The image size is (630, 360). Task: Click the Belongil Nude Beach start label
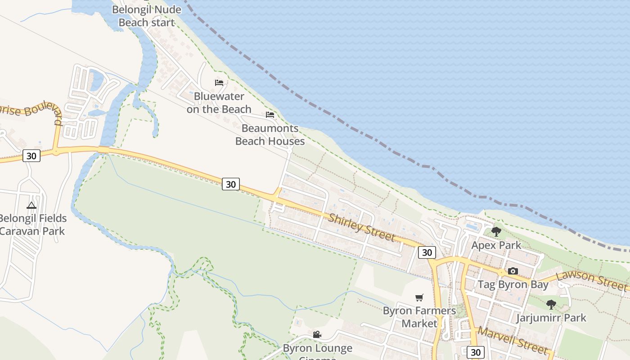[x=147, y=16]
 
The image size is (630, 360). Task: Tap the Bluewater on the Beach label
[x=219, y=103]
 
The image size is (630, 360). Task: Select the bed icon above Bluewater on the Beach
[x=219, y=83]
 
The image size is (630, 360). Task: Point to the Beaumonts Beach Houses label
[x=270, y=135]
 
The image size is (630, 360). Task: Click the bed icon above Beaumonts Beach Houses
[x=270, y=115]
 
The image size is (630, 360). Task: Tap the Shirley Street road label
[x=362, y=227]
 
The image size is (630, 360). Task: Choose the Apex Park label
[x=496, y=245]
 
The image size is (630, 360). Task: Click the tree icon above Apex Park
[x=496, y=232]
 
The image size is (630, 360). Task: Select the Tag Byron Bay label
[x=513, y=284]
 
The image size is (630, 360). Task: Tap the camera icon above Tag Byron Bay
[x=513, y=271]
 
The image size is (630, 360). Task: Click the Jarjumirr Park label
[x=551, y=318]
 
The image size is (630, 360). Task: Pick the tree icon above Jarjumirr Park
[x=551, y=305]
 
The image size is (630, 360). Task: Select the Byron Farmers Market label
[x=419, y=317]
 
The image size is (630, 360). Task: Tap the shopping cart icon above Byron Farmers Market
[x=419, y=297]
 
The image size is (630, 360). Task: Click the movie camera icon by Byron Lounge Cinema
[x=317, y=334]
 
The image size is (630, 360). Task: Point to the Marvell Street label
[x=513, y=341]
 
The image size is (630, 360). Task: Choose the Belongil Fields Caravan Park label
[x=32, y=225]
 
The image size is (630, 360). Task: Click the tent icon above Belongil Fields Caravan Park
[x=31, y=206]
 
